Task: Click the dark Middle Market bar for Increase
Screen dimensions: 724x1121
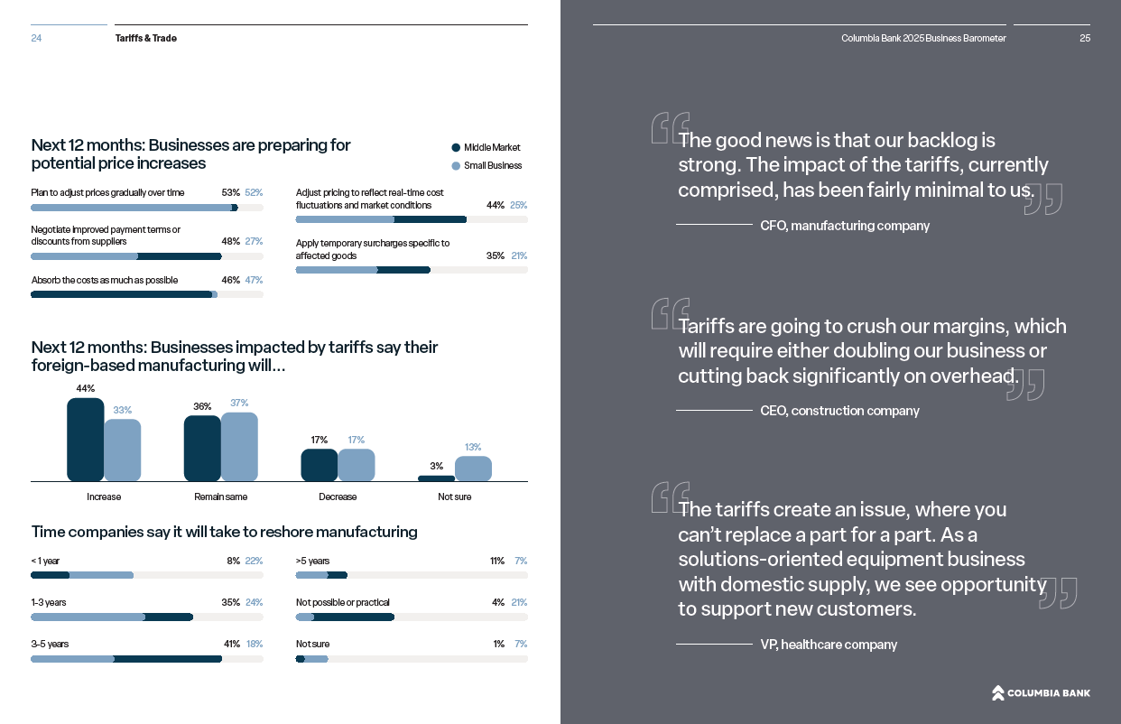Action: pyautogui.click(x=86, y=440)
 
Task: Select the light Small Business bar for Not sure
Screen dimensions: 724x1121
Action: pyautogui.click(x=473, y=469)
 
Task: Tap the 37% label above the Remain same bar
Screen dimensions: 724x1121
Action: pyautogui.click(x=239, y=403)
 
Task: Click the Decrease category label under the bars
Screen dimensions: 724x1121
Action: pyautogui.click(x=338, y=497)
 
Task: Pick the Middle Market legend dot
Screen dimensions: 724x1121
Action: pyautogui.click(x=456, y=148)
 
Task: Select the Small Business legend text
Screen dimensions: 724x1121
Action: pyautogui.click(x=493, y=165)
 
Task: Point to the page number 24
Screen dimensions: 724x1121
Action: pyautogui.click(x=36, y=38)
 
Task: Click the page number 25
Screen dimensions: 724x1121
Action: pyautogui.click(x=1085, y=38)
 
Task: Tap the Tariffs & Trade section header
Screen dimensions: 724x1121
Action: pyautogui.click(x=146, y=38)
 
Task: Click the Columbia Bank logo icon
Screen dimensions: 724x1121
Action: pyautogui.click(x=997, y=692)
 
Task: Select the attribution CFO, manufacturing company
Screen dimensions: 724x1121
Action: pyautogui.click(x=845, y=226)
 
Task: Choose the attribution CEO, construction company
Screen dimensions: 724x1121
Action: pyautogui.click(x=839, y=411)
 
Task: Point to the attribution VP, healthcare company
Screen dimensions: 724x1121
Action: pyautogui.click(x=829, y=645)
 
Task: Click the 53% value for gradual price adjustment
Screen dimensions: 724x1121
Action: pyautogui.click(x=230, y=192)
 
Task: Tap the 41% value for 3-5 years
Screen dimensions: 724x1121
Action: pyautogui.click(x=230, y=644)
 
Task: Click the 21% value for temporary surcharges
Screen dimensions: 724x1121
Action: pyautogui.click(x=519, y=255)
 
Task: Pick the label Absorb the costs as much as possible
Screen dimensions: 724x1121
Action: pyautogui.click(x=105, y=280)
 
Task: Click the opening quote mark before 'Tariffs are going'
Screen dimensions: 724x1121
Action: pyautogui.click(x=670, y=313)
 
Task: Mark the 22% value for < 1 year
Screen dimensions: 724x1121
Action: pyautogui.click(x=254, y=561)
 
